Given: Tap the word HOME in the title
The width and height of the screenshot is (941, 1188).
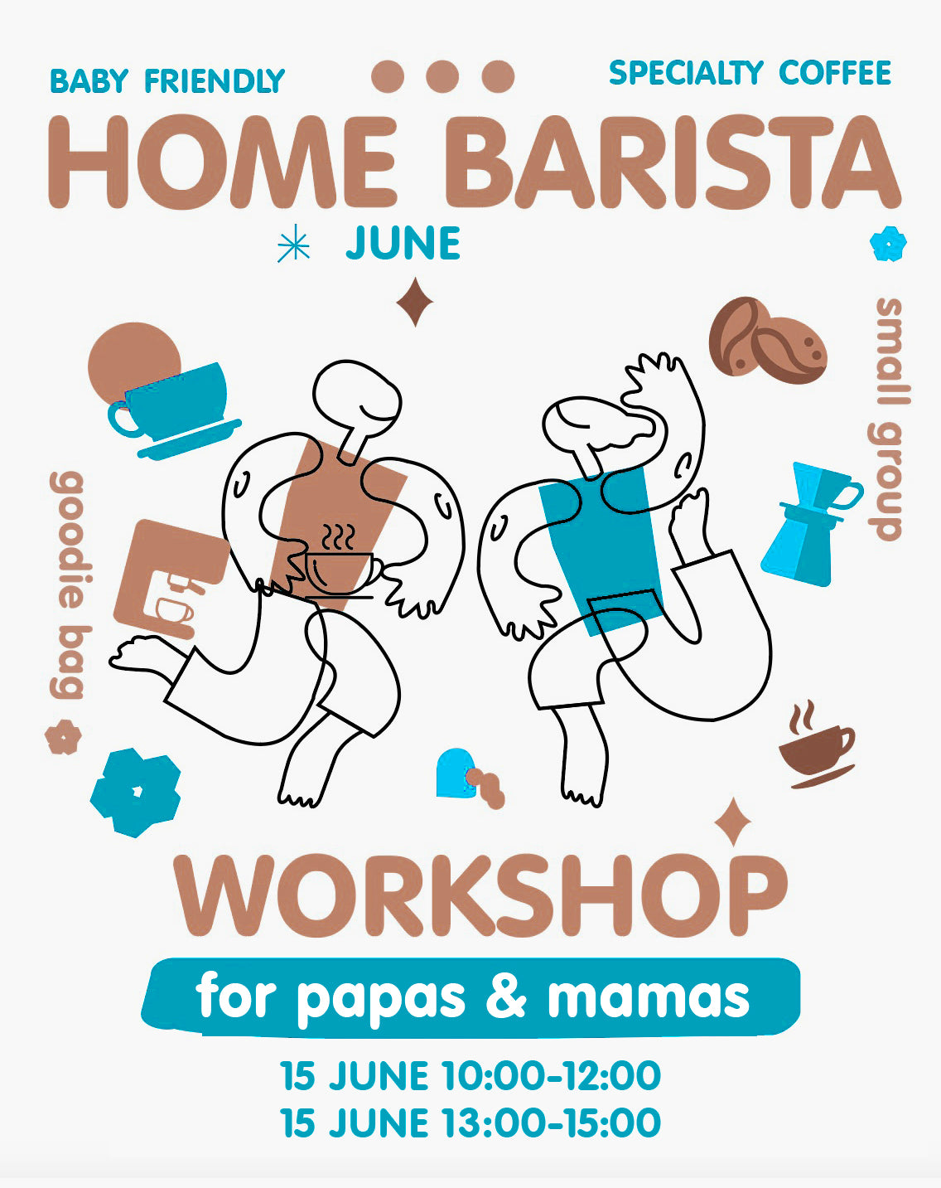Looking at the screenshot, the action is (x=223, y=162).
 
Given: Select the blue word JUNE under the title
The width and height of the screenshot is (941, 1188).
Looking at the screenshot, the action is (x=403, y=243).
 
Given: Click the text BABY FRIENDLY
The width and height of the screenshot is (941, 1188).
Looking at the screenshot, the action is (x=167, y=80).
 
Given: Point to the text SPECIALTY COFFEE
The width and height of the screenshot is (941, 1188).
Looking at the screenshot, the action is (x=750, y=73).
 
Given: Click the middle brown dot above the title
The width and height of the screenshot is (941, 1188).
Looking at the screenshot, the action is (x=442, y=76).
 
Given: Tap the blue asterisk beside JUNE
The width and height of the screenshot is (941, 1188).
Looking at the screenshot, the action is (x=293, y=243).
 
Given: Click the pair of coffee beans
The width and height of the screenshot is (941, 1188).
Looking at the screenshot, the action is (x=768, y=341).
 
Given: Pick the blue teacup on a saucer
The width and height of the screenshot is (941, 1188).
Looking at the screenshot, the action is (x=174, y=410).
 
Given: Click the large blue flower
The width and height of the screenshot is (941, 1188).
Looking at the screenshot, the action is (x=136, y=793).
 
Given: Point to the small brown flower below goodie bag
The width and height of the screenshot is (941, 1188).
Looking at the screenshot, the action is (x=63, y=736).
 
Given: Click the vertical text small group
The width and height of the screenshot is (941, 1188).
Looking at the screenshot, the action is (x=888, y=419).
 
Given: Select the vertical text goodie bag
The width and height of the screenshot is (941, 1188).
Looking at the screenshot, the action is (x=70, y=584).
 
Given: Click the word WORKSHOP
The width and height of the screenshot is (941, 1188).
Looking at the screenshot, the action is (x=480, y=895).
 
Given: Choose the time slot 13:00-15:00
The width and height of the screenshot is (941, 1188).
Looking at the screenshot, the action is (x=553, y=1123).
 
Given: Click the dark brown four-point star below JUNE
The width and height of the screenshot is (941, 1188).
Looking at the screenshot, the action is (x=415, y=302).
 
